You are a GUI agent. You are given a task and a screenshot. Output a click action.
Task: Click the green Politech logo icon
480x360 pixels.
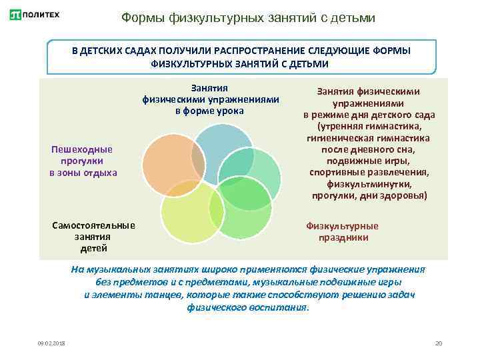[15, 14]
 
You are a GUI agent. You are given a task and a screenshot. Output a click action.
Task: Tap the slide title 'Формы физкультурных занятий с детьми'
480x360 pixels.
[248, 18]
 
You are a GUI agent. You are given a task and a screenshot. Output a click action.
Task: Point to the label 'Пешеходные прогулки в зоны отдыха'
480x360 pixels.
[83, 161]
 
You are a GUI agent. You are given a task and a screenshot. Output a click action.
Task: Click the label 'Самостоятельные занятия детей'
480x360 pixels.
[93, 237]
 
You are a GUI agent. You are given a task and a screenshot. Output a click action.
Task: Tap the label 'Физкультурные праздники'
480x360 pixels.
[341, 231]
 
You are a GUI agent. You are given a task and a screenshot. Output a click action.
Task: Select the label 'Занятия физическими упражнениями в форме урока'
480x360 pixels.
[210, 99]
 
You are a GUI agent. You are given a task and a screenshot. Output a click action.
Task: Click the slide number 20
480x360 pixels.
[438, 343]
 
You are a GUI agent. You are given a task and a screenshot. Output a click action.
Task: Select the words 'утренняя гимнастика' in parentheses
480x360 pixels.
[371, 126]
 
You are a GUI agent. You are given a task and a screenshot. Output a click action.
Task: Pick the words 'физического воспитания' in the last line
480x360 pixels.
[247, 307]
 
